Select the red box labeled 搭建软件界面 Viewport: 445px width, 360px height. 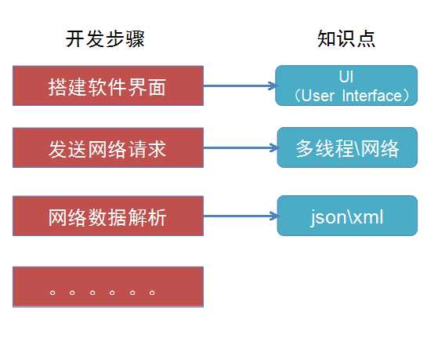[108, 85]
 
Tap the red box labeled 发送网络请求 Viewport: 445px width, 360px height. [108, 149]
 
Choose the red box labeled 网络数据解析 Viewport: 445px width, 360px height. [108, 216]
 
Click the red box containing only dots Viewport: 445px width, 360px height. [108, 286]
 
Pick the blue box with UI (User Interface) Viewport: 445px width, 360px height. [346, 85]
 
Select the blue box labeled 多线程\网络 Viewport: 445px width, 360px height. [347, 149]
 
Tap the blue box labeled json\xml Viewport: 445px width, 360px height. [347, 216]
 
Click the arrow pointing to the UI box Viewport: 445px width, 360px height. [239, 85]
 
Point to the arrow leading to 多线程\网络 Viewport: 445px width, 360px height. [239, 149]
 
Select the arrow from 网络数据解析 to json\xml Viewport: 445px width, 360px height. [239, 216]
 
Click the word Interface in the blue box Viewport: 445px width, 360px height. [368, 95]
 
